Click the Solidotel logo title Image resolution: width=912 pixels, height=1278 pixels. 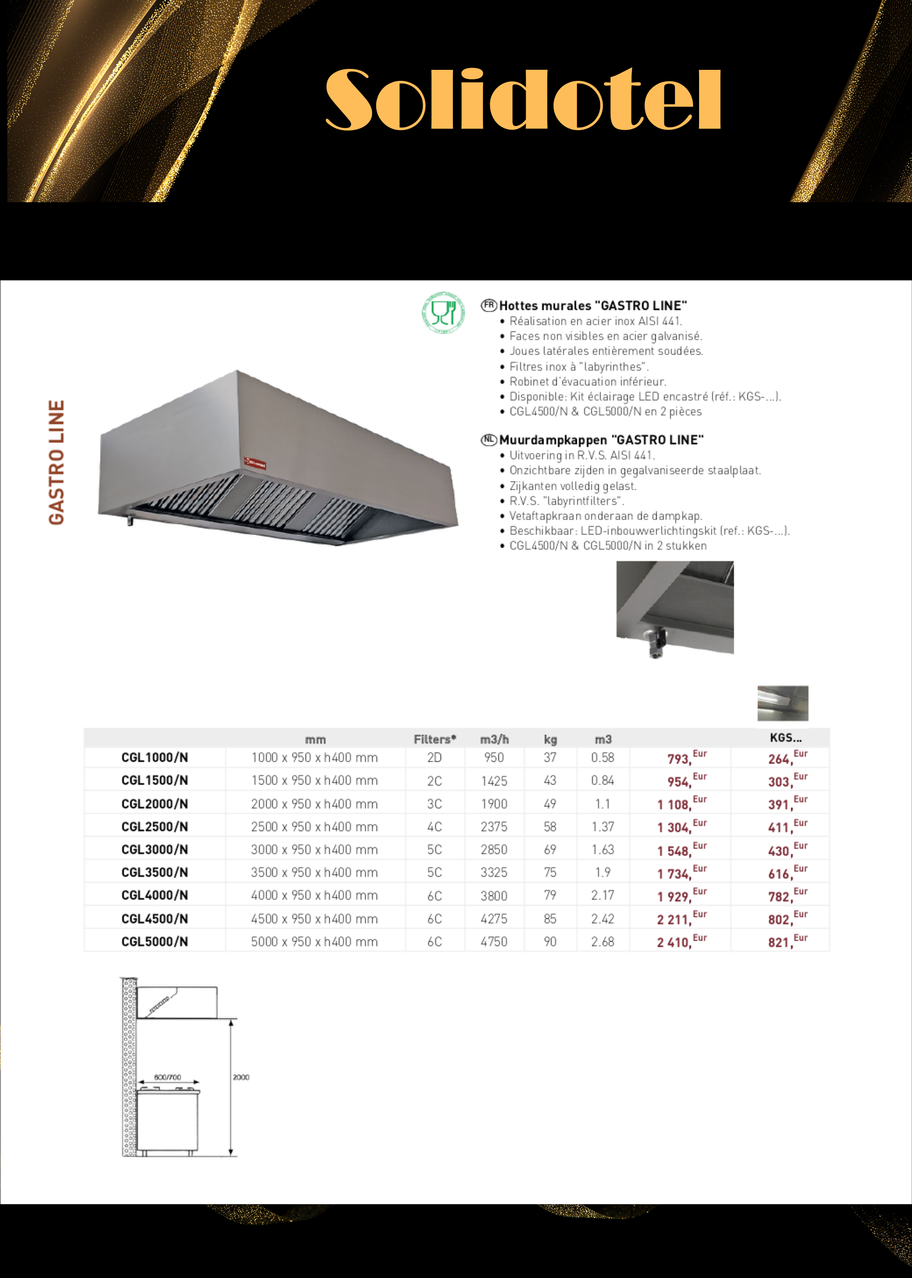(x=523, y=100)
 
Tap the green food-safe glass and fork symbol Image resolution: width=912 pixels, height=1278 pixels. (x=443, y=313)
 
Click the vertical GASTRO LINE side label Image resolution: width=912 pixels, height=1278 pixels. (x=57, y=462)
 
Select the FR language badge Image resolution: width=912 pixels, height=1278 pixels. (x=488, y=305)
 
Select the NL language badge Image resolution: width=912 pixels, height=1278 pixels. (x=488, y=440)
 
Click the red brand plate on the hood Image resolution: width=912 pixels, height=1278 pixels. (x=255, y=463)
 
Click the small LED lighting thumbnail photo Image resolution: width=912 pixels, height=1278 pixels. (x=782, y=702)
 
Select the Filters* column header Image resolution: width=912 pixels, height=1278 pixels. (x=435, y=739)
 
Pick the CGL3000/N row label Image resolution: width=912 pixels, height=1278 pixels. (x=155, y=849)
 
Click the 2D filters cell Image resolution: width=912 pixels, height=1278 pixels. (x=434, y=758)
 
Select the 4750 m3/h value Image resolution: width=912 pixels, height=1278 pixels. (x=494, y=941)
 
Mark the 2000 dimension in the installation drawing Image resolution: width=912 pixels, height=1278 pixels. (x=241, y=1077)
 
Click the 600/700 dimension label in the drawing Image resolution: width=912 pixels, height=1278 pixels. (x=167, y=1077)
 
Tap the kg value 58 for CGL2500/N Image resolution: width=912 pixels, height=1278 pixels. (x=550, y=827)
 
